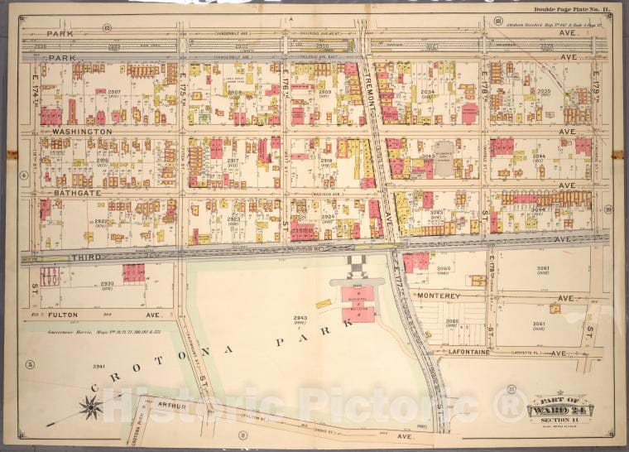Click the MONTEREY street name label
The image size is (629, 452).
pyautogui.click(x=438, y=296)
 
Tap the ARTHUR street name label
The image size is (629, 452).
pyautogui.click(x=167, y=406)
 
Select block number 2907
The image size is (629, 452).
pyautogui.click(x=114, y=91)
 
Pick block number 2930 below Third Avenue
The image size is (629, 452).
pyautogui.click(x=106, y=284)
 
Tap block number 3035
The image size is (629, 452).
pyautogui.click(x=544, y=92)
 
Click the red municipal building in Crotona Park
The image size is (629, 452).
pyautogui.click(x=357, y=302)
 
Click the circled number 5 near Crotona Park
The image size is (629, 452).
pyautogui.click(x=29, y=364)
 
